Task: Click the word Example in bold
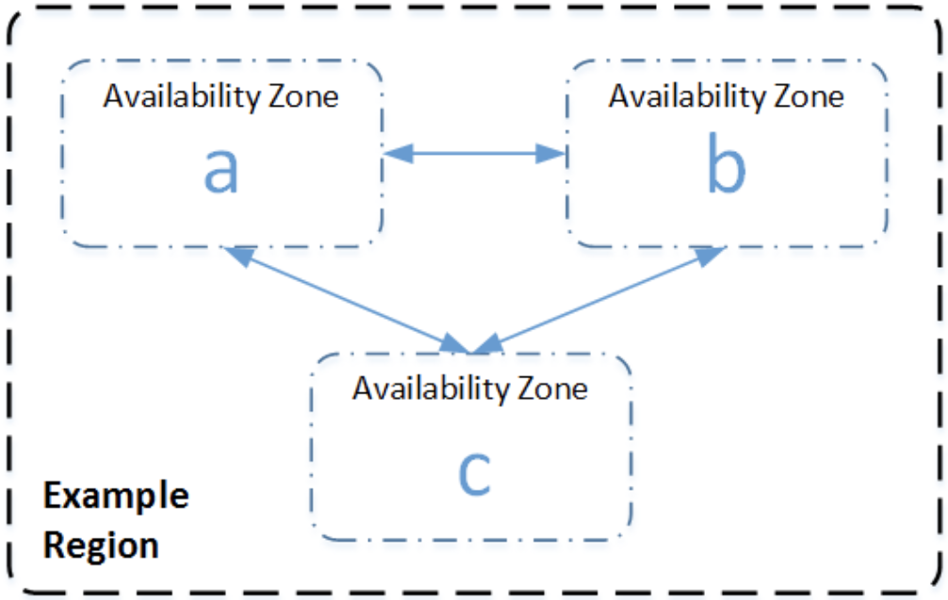(x=117, y=496)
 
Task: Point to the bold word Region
(x=102, y=545)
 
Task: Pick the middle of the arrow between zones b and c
(x=600, y=301)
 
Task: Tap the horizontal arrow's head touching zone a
(x=396, y=154)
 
